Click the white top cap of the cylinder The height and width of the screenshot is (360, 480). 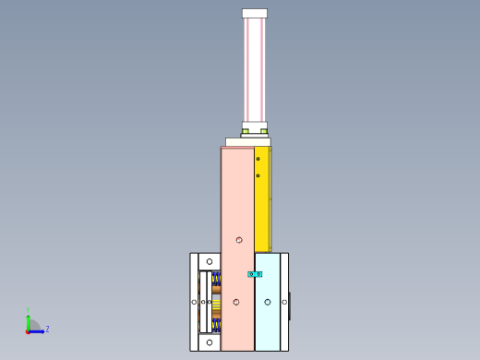pyautogui.click(x=255, y=14)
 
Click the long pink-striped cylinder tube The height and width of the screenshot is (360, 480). pyautogui.click(x=255, y=69)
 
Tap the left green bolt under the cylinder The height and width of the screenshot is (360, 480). pyautogui.click(x=246, y=132)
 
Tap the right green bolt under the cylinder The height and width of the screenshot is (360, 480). pyautogui.click(x=264, y=132)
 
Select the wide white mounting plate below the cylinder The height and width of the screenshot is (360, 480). pyautogui.click(x=248, y=142)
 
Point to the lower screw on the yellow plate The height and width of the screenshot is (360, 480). pyautogui.click(x=258, y=174)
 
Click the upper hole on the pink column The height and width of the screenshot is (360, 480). pyautogui.click(x=238, y=240)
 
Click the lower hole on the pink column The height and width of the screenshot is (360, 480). pyautogui.click(x=236, y=302)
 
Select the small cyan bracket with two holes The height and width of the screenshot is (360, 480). pyautogui.click(x=255, y=274)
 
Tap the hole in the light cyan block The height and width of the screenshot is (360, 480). pyautogui.click(x=268, y=302)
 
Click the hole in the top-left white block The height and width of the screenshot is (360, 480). pyautogui.click(x=210, y=262)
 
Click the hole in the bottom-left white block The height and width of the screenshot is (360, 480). pyautogui.click(x=210, y=342)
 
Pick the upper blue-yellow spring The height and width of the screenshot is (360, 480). pyautogui.click(x=217, y=278)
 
